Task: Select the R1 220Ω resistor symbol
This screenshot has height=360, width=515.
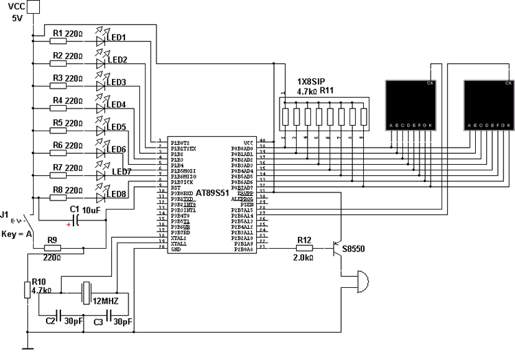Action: pos(58,41)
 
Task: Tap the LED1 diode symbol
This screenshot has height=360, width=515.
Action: pos(102,41)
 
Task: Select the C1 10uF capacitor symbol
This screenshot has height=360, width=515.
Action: pos(76,219)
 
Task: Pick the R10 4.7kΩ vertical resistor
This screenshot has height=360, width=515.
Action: pos(27,290)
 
